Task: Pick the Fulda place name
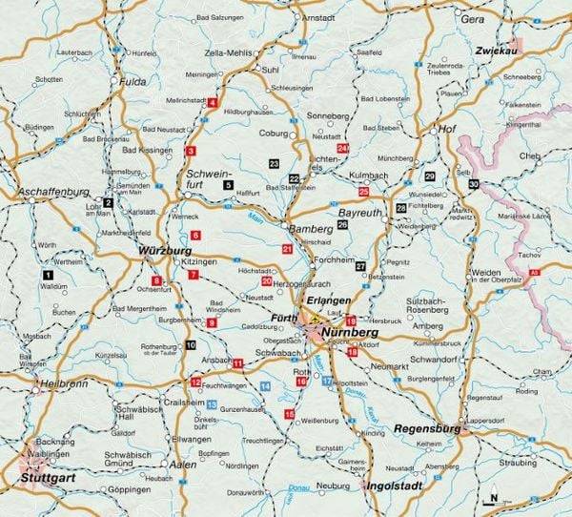coord(133,82)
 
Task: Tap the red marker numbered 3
coord(191,151)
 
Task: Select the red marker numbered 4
coord(213,101)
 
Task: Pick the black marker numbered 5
coord(228,184)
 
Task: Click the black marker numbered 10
coord(191,345)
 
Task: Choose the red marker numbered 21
coord(287,249)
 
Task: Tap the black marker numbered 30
coord(474,183)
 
